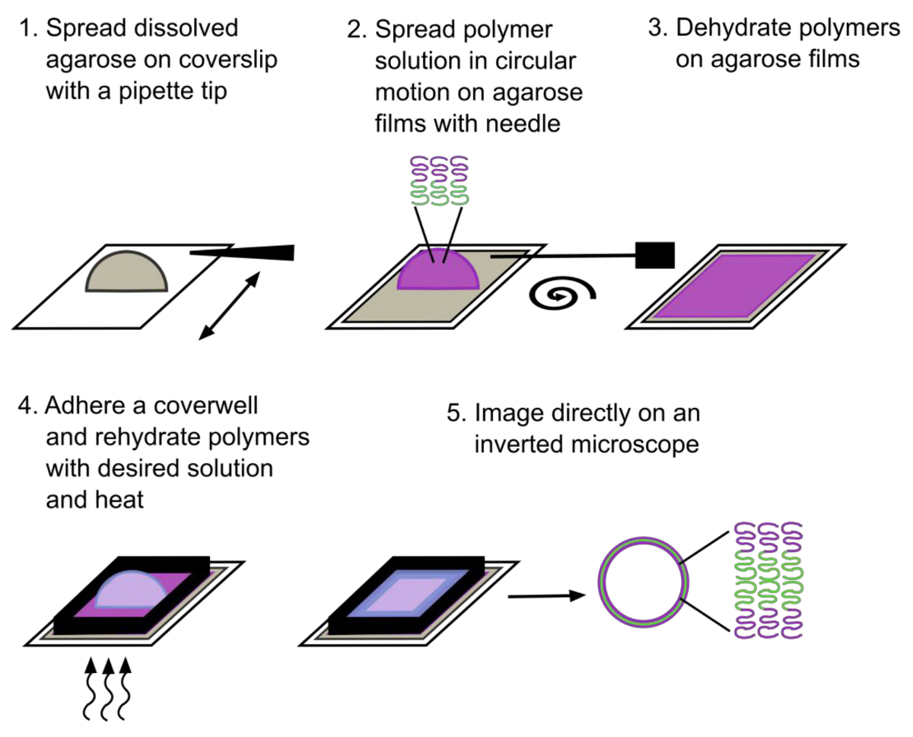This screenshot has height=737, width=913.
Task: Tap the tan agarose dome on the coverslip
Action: click(x=126, y=274)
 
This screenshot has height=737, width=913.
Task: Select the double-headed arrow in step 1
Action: click(x=230, y=305)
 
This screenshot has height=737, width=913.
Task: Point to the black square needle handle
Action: click(x=654, y=255)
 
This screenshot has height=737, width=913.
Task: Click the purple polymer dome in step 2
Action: click(x=438, y=271)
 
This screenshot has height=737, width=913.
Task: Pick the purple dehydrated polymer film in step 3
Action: click(x=735, y=286)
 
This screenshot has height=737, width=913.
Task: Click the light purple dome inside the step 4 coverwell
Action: click(x=131, y=589)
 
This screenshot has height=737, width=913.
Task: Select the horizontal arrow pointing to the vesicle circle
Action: click(x=546, y=596)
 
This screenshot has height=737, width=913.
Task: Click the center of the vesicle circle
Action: click(x=643, y=582)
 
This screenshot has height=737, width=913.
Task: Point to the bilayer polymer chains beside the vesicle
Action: click(x=768, y=580)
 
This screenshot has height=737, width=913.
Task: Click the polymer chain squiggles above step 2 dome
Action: click(x=440, y=181)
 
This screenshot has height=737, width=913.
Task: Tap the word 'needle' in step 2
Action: click(x=523, y=123)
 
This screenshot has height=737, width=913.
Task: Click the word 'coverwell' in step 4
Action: click(x=205, y=406)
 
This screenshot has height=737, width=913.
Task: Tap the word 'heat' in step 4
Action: click(x=119, y=499)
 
